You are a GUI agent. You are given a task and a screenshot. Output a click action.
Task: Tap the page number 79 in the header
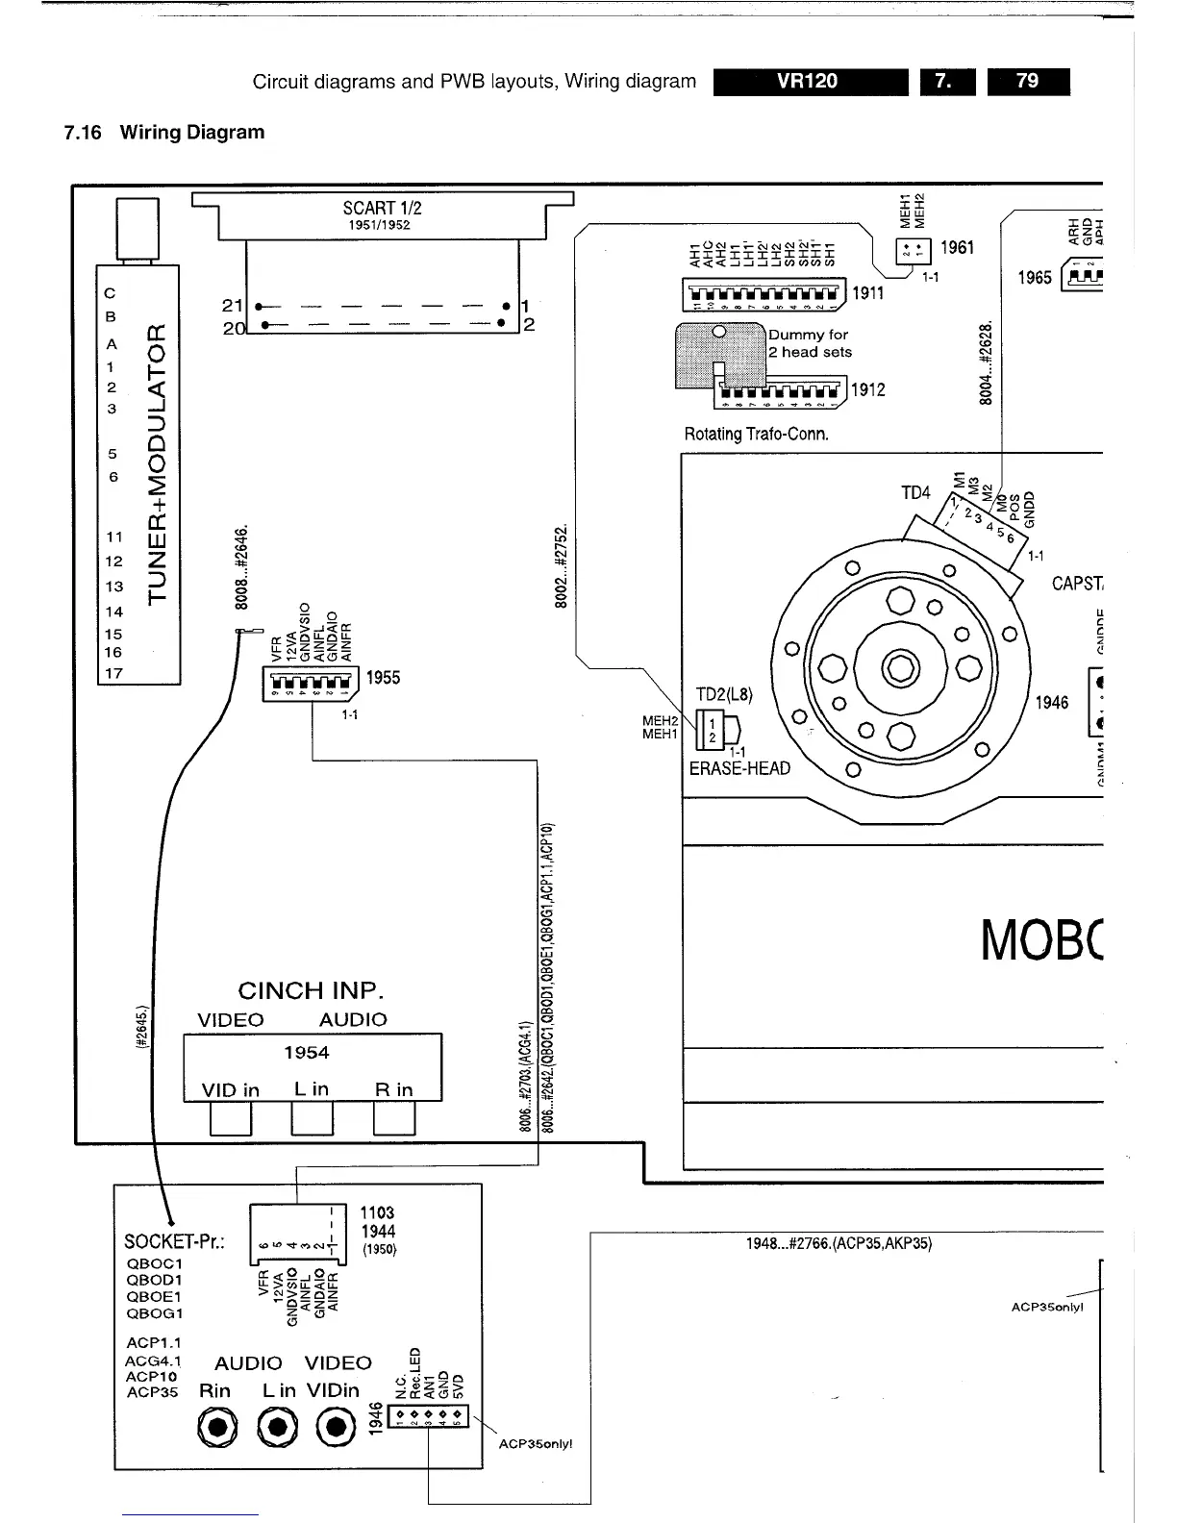point(1027,82)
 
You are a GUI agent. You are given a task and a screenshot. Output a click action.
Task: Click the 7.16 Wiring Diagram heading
point(164,133)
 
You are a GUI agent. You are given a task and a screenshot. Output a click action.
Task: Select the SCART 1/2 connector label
point(382,209)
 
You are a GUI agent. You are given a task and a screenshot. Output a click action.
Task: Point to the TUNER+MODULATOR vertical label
point(160,464)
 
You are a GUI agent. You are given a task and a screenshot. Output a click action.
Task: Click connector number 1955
point(383,678)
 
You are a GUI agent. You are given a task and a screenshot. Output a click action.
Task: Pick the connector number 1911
point(867,293)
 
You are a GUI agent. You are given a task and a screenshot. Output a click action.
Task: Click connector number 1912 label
point(867,389)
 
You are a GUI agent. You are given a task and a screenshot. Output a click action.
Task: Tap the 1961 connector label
point(957,248)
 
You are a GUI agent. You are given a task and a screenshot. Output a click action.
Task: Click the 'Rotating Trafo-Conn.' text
point(756,434)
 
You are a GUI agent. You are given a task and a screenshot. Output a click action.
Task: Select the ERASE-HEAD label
point(739,768)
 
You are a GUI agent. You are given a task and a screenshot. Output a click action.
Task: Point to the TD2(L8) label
point(723,694)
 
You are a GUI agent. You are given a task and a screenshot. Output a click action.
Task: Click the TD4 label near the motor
point(915,493)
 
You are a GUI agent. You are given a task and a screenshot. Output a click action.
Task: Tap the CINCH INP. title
point(311,990)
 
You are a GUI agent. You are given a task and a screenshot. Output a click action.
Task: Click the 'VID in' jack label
point(231,1089)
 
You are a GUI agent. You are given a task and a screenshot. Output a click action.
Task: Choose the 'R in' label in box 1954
point(393,1089)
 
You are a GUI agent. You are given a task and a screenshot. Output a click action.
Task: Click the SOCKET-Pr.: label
point(174,1241)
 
